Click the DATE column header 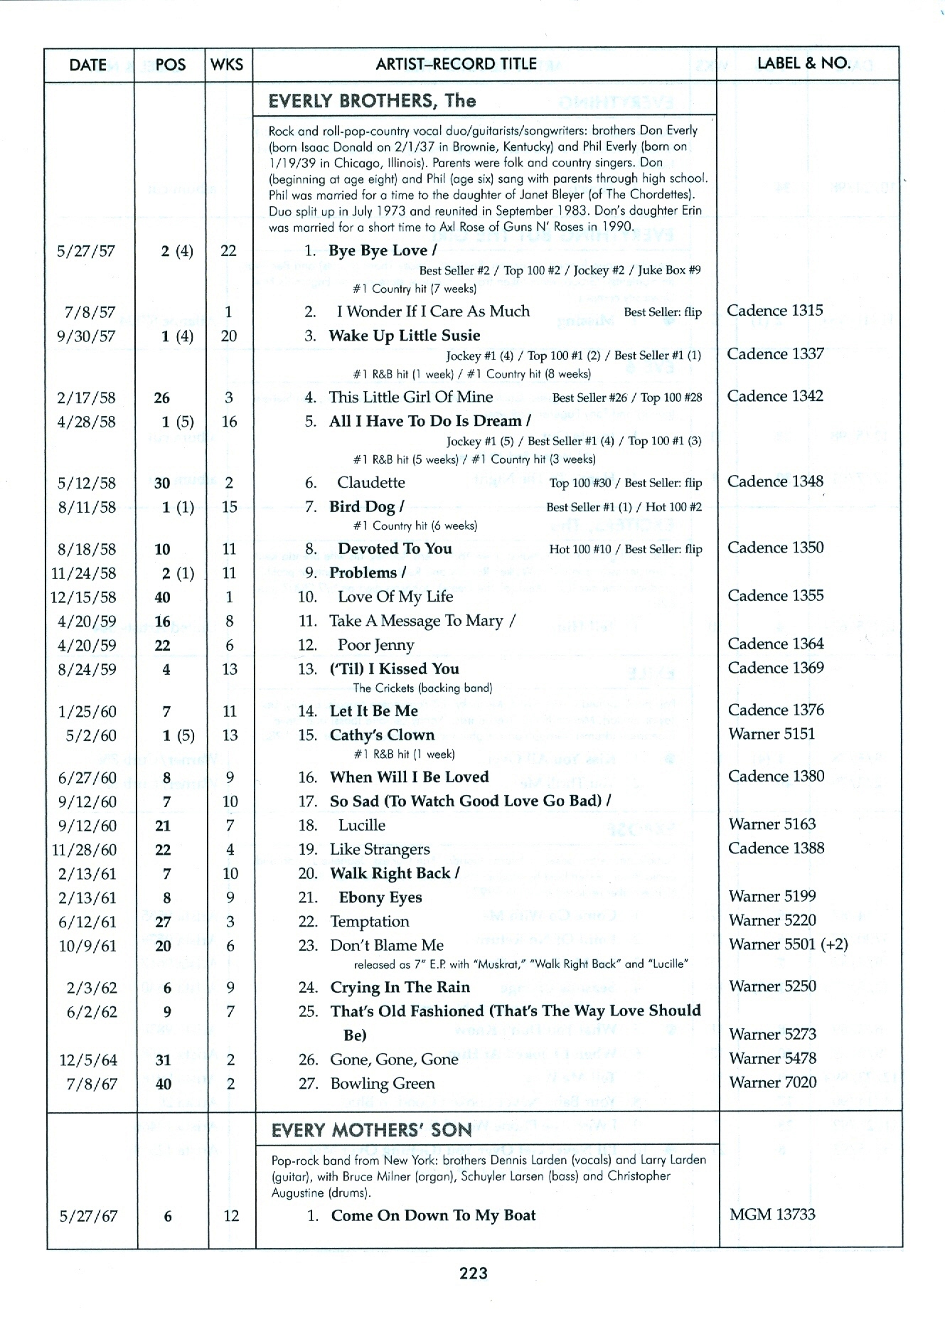pyautogui.click(x=88, y=65)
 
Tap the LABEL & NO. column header pyautogui.click(x=804, y=63)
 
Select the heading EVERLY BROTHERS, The pyautogui.click(x=372, y=100)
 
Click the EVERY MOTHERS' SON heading pyautogui.click(x=371, y=1130)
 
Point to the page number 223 pyautogui.click(x=473, y=1273)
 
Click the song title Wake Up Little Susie pyautogui.click(x=404, y=336)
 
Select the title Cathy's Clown pyautogui.click(x=381, y=735)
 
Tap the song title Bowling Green pyautogui.click(x=382, y=1084)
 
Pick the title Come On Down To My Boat pyautogui.click(x=433, y=1215)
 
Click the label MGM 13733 pyautogui.click(x=772, y=1214)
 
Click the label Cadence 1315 pyautogui.click(x=774, y=311)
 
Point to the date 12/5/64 pyautogui.click(x=87, y=1060)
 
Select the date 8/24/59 pyautogui.click(x=87, y=669)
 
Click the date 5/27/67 pyautogui.click(x=88, y=1216)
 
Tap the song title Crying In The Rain pyautogui.click(x=400, y=987)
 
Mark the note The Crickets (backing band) pyautogui.click(x=422, y=688)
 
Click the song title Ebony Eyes pyautogui.click(x=380, y=897)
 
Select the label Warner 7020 pyautogui.click(x=772, y=1082)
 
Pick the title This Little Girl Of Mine pyautogui.click(x=410, y=397)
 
